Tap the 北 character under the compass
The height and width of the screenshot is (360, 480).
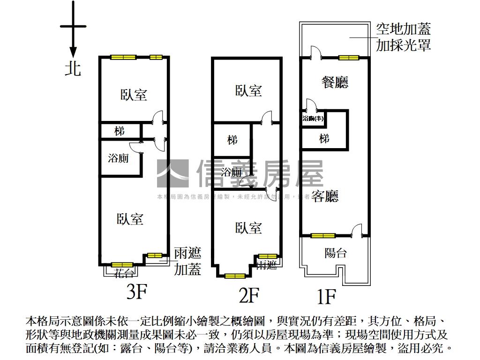pos(73,68)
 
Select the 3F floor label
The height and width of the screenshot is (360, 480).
pos(137,292)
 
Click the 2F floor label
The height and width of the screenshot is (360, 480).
pos(249,295)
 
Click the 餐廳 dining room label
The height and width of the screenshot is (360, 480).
pos(335,83)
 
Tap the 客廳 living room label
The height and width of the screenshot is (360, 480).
pos(325,196)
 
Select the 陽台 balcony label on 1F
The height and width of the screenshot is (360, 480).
pos(336,253)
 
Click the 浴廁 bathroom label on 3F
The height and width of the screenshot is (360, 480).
pos(118,158)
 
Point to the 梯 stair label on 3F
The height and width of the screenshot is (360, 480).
pos(120,131)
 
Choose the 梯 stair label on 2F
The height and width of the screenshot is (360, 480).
pos(232,140)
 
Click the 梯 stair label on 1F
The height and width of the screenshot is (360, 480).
pos(324,139)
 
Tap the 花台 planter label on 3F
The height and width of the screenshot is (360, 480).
pos(124,273)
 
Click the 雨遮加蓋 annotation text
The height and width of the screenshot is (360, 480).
pos(187,262)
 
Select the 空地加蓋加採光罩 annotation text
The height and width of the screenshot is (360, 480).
pos(403,37)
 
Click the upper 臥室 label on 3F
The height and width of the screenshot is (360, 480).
pos(134,95)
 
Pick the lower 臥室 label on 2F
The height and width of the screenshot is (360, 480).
pos(248,228)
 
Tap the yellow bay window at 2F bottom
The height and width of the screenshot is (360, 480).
pos(234,276)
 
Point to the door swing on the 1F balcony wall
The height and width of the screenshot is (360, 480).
pos(357,231)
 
